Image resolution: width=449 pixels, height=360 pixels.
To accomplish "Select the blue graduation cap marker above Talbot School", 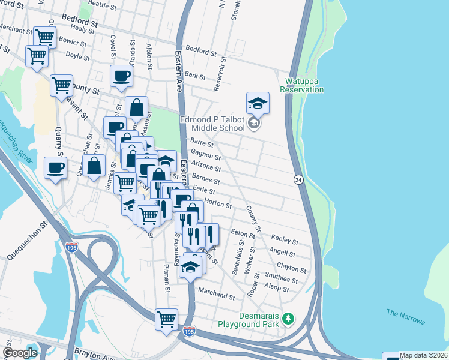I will point(258,103).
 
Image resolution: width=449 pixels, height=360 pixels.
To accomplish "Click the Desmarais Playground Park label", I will point(250,319).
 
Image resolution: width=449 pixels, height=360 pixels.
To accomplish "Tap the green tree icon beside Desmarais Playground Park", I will point(289,317).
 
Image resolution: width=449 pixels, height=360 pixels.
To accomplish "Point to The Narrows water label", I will point(405,317).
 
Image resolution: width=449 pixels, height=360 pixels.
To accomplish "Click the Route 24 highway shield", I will point(298,179).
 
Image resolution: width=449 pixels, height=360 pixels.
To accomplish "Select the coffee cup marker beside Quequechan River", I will point(56,168).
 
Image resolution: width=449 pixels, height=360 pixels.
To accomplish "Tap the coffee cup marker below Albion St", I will point(121,76).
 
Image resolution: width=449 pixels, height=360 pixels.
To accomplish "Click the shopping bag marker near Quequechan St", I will point(94,166).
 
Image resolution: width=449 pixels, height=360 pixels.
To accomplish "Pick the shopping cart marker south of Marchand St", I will point(166,318).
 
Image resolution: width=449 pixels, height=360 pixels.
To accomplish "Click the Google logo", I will point(20,353).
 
